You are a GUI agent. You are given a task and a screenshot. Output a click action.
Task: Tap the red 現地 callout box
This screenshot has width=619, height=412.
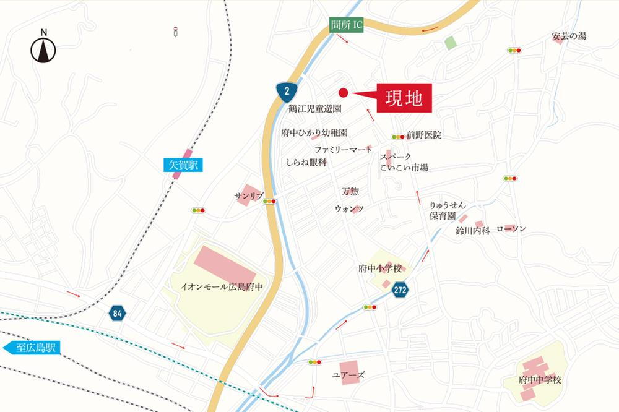[x=402, y=98]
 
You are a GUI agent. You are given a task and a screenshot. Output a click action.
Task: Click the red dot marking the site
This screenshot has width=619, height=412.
[x=344, y=93]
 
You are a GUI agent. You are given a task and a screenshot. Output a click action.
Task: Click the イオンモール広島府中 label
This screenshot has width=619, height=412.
[x=221, y=287]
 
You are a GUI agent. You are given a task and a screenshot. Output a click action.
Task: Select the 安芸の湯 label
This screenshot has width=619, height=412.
[x=569, y=36]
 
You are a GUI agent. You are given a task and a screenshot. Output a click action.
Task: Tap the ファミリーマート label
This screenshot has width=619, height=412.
[x=343, y=150]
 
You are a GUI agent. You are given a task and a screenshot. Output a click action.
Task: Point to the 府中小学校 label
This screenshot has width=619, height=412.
[x=380, y=269]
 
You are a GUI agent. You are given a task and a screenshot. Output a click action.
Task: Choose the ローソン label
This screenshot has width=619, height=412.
[x=511, y=230]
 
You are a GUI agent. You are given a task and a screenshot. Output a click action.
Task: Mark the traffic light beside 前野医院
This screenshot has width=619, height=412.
[x=397, y=136]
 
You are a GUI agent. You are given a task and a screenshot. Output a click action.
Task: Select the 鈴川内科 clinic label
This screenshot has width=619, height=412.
[x=472, y=231]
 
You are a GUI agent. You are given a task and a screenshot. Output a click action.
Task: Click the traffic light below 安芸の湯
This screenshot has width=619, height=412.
[x=514, y=50]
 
